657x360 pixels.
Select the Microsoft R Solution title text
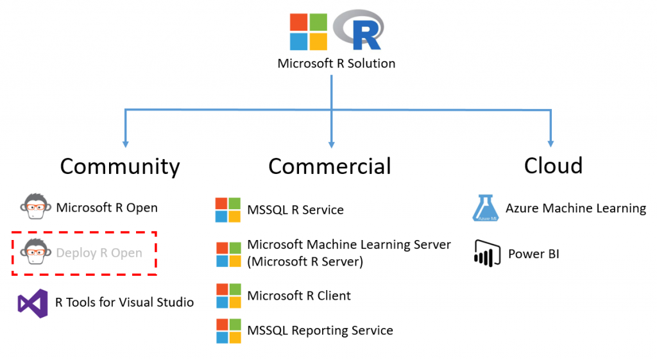coord(336,64)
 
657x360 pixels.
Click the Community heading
coord(120,166)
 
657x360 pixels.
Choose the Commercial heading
coord(330,166)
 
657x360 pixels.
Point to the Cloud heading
coord(553,166)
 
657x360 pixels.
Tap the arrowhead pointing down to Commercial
coord(332,141)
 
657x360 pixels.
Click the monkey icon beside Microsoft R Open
coord(33,207)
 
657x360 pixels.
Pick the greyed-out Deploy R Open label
coord(99,253)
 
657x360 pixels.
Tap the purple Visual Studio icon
coord(33,302)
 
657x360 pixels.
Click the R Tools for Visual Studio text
coord(124,302)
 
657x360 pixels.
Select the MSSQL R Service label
coord(295,210)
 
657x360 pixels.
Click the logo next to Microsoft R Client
coord(228,296)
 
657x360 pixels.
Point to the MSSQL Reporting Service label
coord(320,330)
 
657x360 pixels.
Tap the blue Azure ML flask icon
coord(485,208)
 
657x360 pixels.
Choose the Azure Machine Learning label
coord(576,208)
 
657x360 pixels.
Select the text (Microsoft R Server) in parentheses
coord(305,261)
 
